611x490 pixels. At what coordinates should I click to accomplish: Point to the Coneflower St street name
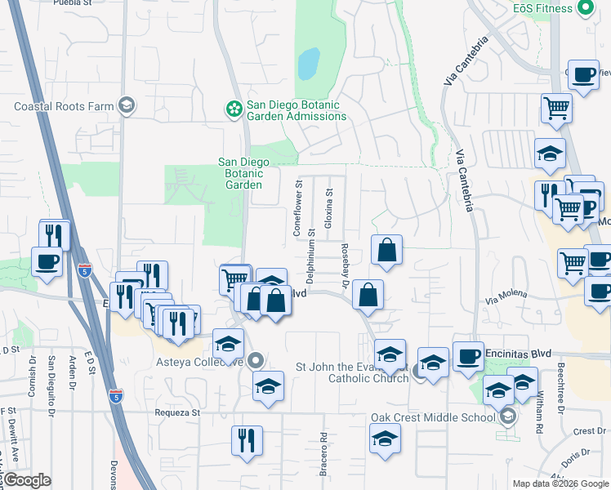pos(298,209)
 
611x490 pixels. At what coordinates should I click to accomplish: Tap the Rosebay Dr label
pos(346,267)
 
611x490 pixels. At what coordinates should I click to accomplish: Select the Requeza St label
pos(177,413)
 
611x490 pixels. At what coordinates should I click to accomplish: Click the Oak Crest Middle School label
pos(433,417)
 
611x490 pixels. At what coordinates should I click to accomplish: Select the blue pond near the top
pos(308,64)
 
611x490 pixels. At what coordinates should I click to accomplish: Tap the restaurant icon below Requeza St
pos(247,441)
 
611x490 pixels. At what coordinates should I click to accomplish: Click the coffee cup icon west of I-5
pos(47,262)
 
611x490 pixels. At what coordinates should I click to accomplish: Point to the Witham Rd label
pos(540,416)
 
